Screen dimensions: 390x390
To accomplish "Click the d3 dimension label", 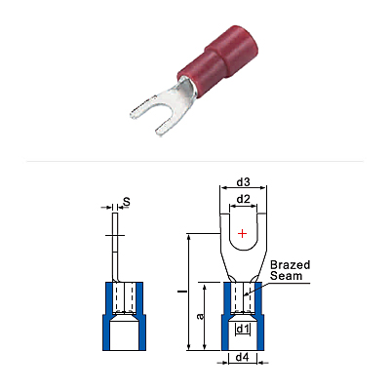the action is point(243,182).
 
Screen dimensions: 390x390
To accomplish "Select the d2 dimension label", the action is point(243,199).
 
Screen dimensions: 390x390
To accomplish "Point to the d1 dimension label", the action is point(243,330).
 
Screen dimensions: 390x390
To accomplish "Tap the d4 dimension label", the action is point(243,358).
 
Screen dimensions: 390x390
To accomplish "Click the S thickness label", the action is point(127,202).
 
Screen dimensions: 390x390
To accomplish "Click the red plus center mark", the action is point(243,233).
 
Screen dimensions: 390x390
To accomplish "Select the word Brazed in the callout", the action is point(291,265).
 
